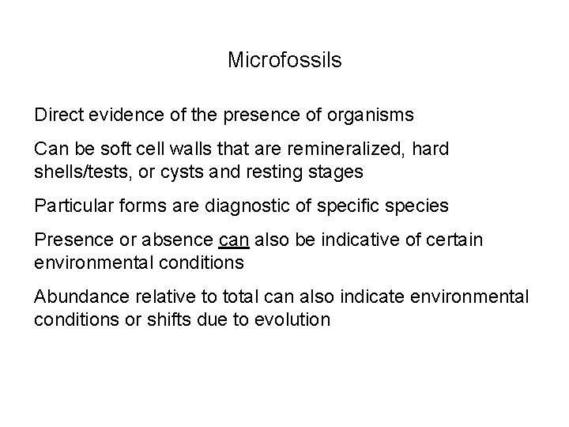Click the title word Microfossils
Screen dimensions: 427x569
click(284, 60)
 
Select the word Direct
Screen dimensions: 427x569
click(58, 115)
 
